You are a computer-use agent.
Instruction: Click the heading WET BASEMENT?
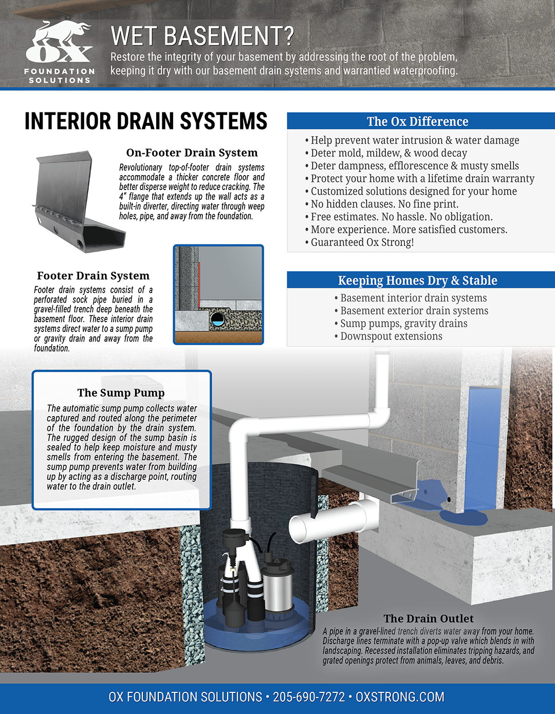point(202,36)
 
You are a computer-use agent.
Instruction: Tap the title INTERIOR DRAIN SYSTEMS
point(146,121)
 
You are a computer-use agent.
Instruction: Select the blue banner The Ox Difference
point(420,121)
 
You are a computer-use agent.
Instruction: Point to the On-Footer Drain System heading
point(192,153)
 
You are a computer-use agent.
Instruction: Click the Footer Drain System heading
point(93,275)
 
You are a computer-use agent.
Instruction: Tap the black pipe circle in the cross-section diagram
point(217,318)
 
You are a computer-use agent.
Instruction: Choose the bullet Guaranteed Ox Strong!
point(359,242)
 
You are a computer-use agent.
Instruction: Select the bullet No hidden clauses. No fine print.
point(381,204)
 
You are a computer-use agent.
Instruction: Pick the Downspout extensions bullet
point(388,336)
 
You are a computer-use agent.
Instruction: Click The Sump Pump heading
point(121,392)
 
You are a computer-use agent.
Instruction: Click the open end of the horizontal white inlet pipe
point(298,527)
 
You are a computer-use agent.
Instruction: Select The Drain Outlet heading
point(429,618)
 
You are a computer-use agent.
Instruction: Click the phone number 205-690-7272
point(309,697)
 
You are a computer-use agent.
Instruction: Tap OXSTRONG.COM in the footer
point(400,697)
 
